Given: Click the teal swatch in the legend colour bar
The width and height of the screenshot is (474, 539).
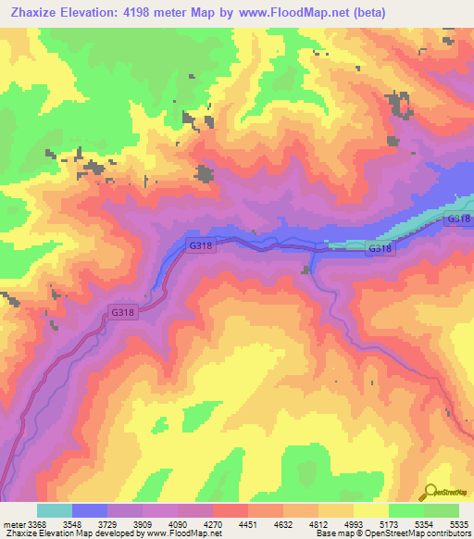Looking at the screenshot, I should (54, 510).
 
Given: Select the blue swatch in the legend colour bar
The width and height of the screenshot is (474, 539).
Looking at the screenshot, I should (89, 510).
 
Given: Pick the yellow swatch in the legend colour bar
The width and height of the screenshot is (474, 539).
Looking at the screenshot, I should (370, 510).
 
